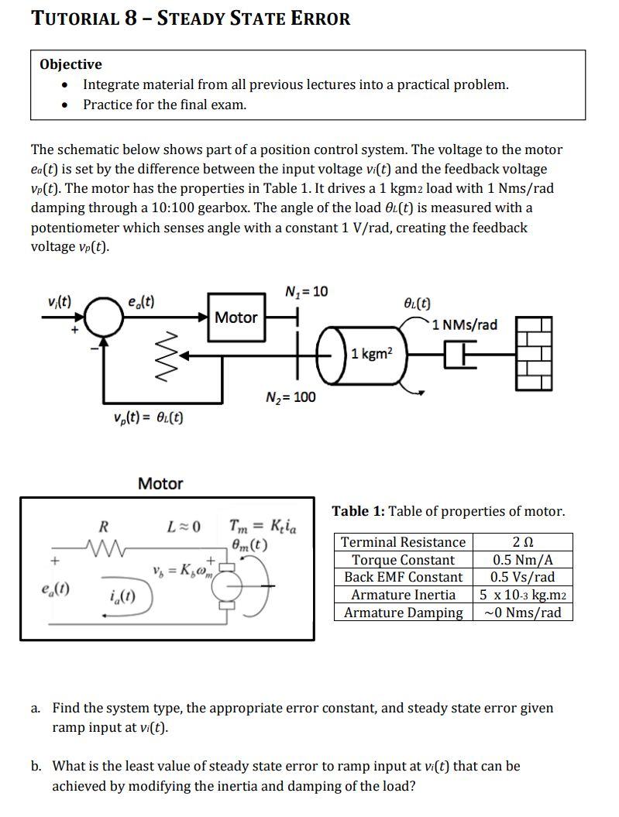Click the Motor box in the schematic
pyautogui.click(x=236, y=317)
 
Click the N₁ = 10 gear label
pyautogui.click(x=306, y=292)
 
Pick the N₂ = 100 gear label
pyautogui.click(x=291, y=397)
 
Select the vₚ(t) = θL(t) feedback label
pyautogui.click(x=148, y=418)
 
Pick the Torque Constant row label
pyautogui.click(x=404, y=560)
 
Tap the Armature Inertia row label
pyautogui.click(x=404, y=595)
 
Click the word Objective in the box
pyautogui.click(x=71, y=64)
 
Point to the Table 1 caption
pyautogui.click(x=449, y=511)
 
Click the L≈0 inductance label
pyautogui.click(x=184, y=528)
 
